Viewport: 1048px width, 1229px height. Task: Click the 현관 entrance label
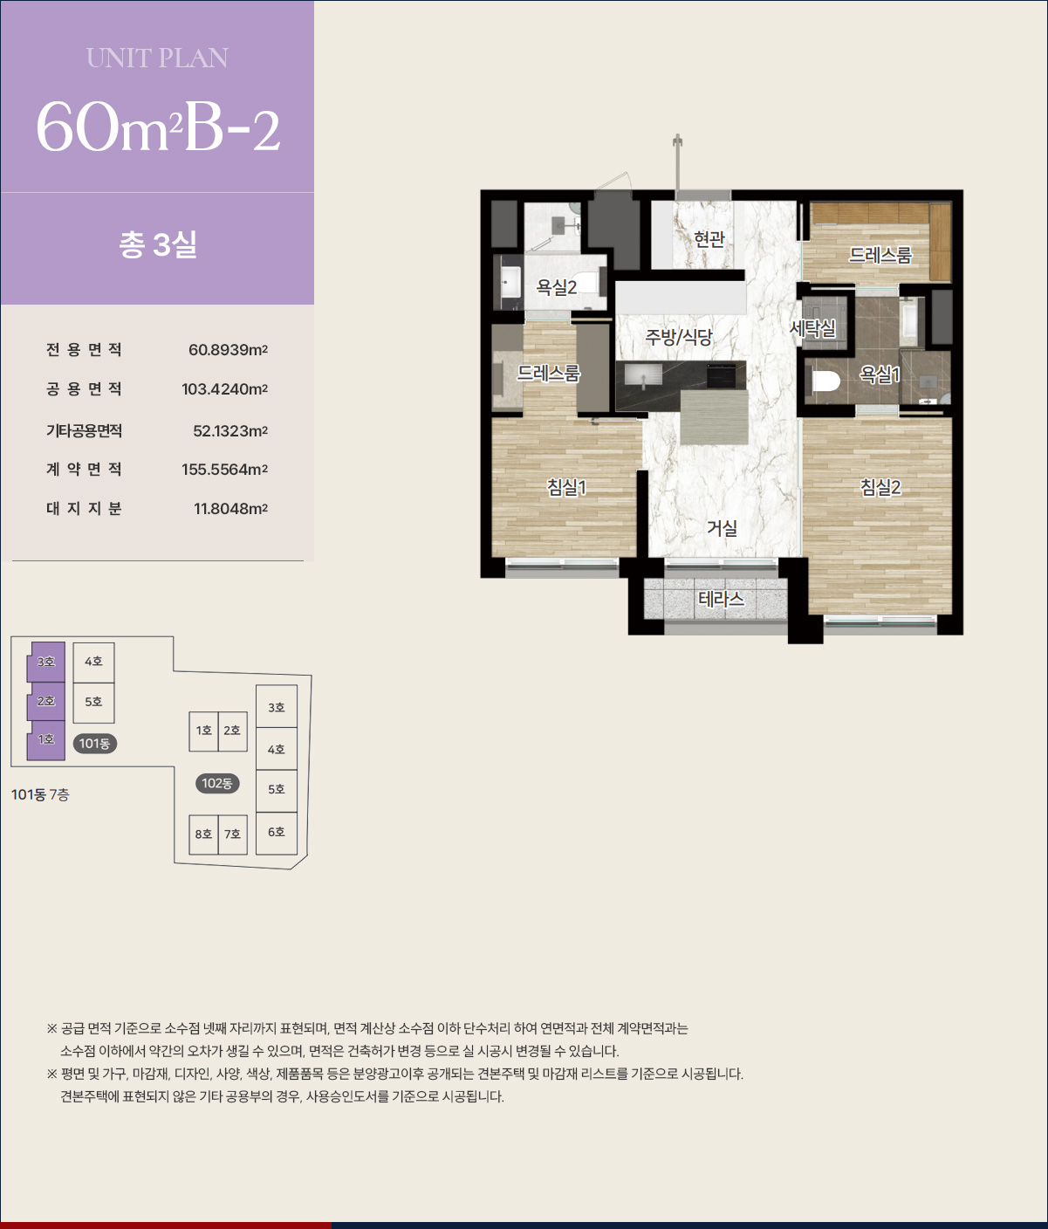coord(709,239)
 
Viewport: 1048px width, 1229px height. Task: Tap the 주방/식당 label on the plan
coord(679,338)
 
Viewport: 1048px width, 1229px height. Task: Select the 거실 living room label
coord(723,528)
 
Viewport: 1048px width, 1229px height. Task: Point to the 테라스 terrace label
coord(721,599)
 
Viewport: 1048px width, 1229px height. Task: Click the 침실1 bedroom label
coord(566,488)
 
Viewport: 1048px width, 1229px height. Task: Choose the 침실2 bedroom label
coord(880,488)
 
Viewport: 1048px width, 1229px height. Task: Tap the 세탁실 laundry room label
coord(812,327)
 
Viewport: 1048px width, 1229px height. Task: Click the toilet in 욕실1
coord(825,381)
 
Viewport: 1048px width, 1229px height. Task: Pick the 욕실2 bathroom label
coord(557,288)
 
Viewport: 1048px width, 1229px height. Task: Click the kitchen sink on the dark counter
coord(643,376)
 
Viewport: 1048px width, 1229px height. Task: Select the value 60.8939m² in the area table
coord(229,350)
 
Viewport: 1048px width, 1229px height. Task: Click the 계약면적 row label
coord(84,469)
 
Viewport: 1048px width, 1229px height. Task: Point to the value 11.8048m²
coord(230,508)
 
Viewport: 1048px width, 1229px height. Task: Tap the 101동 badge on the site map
coord(94,743)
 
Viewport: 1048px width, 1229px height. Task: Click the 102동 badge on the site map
coord(217,783)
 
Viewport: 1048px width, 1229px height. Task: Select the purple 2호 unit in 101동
coord(45,701)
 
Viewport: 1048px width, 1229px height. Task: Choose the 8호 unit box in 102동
coord(203,834)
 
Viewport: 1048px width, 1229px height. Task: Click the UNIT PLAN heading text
coord(158,58)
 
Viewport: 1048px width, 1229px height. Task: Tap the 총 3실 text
coord(158,244)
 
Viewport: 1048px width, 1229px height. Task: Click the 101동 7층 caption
coord(40,794)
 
